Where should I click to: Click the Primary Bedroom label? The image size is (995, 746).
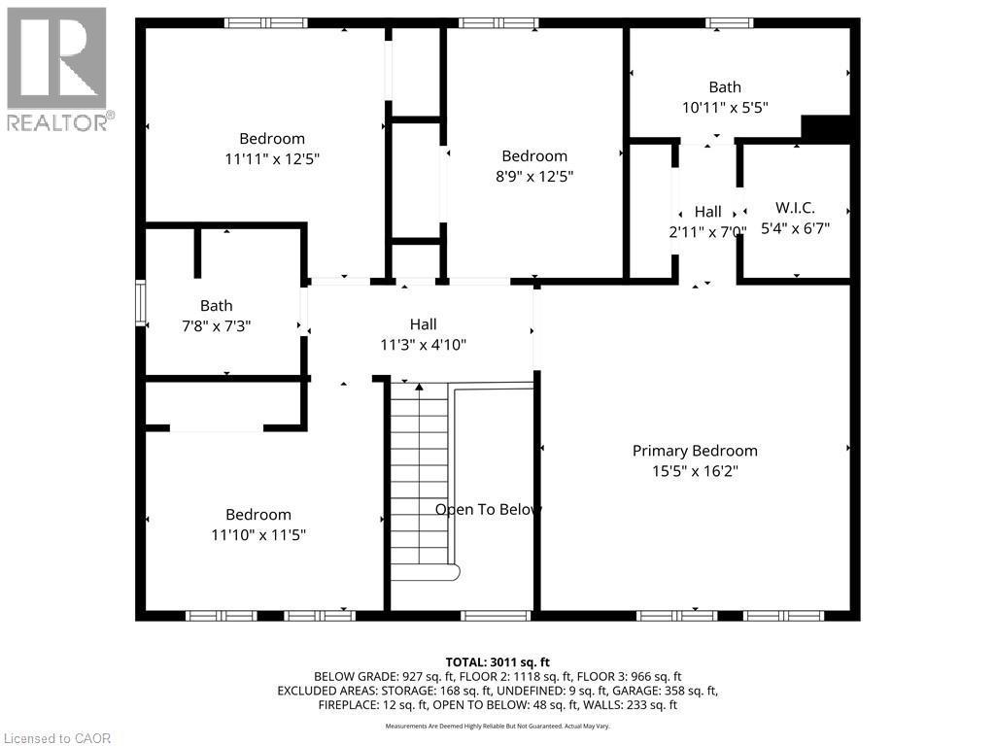click(695, 451)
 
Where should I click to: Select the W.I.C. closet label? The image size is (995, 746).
click(795, 208)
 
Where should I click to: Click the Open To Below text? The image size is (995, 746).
click(488, 509)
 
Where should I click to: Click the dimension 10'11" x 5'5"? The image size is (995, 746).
click(725, 108)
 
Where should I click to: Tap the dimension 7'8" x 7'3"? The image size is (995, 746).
click(216, 326)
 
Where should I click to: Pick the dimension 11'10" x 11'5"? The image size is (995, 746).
click(258, 534)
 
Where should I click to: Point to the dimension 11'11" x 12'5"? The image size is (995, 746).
click(272, 158)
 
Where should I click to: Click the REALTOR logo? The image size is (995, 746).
click(57, 69)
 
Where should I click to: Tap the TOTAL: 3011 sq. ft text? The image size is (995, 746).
click(497, 661)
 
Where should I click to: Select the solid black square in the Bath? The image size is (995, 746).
click(826, 128)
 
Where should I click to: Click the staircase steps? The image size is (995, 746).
click(419, 476)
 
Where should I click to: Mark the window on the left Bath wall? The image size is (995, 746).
click(140, 302)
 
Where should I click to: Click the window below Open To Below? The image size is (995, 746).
click(496, 615)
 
